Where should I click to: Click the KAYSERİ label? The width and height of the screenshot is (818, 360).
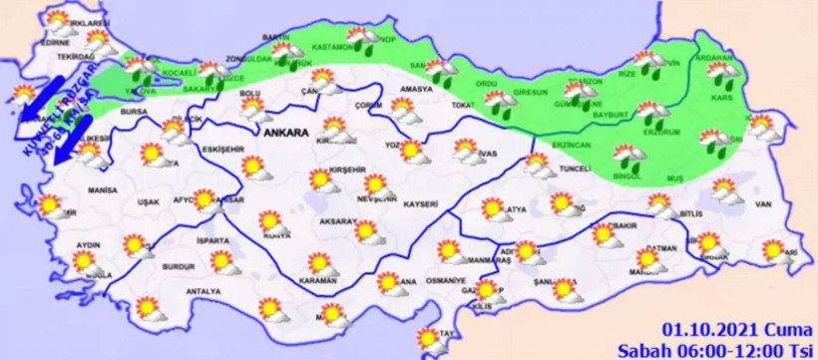(421, 203)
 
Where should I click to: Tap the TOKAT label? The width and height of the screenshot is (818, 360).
(461, 105)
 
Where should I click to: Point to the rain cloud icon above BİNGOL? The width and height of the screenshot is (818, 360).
(629, 155)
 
